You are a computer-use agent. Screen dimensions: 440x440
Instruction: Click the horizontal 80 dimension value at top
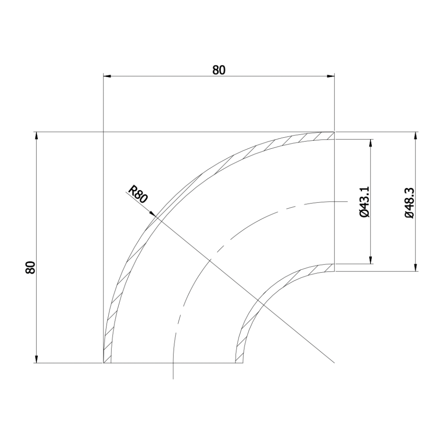[x=219, y=70]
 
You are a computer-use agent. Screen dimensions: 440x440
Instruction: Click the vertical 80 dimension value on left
[x=30, y=268]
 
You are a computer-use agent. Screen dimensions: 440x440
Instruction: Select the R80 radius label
[x=137, y=194]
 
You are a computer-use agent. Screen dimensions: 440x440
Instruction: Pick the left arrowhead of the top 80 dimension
[x=106, y=76]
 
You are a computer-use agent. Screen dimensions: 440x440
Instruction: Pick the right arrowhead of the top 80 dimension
[x=330, y=76]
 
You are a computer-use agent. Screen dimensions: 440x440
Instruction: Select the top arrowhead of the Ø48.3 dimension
[x=415, y=135]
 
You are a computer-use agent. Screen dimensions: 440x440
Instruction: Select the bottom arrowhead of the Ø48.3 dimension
[x=415, y=268]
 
